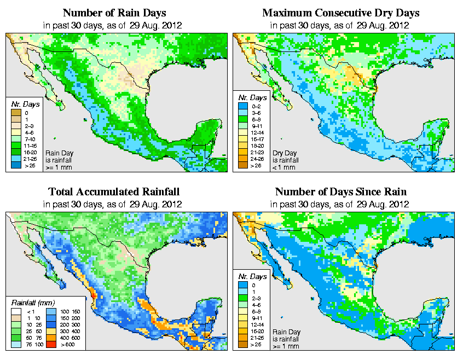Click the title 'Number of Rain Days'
pos(115,13)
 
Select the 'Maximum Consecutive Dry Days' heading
pos(341,13)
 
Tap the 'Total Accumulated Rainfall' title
pos(114,192)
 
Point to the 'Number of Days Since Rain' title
pos(341,192)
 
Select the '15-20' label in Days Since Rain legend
pos(257,332)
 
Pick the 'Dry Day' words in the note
pos(286,153)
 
